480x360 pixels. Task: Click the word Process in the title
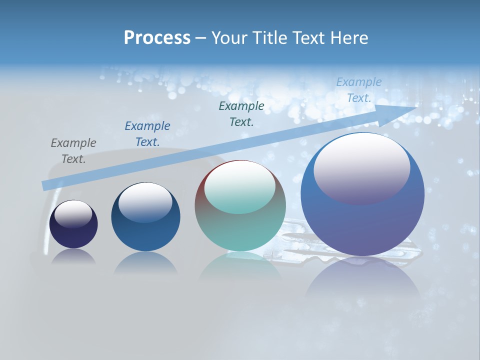(157, 38)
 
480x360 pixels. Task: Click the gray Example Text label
(73, 150)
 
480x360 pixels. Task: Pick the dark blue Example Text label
(147, 133)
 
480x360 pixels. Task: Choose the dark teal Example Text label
(241, 113)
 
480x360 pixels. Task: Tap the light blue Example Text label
(359, 90)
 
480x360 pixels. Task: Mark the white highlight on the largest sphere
(361, 167)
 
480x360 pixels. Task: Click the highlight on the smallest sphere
(73, 214)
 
